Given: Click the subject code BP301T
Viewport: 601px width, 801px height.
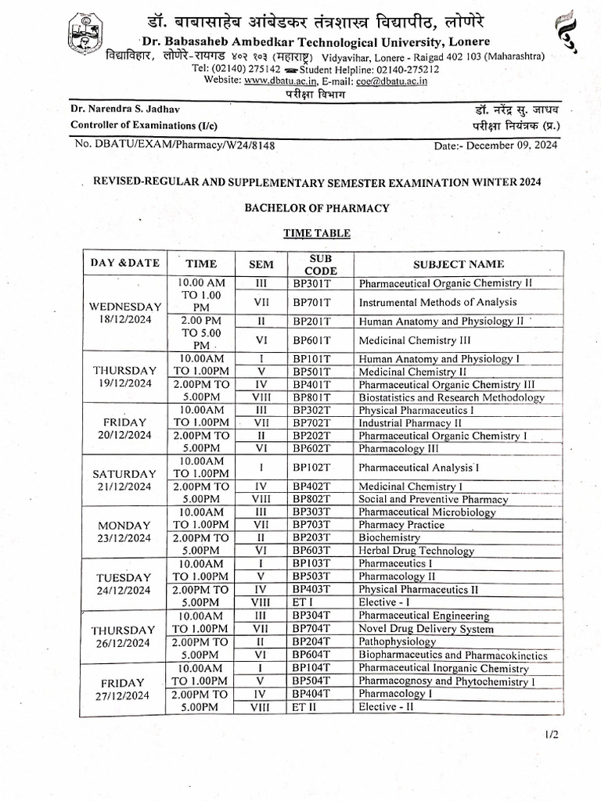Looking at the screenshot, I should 312,283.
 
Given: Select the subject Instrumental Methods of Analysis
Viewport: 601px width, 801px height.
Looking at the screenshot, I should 437,302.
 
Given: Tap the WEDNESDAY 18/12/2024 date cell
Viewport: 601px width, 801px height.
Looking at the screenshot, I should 126,313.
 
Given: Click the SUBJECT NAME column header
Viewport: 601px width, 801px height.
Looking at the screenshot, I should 459,264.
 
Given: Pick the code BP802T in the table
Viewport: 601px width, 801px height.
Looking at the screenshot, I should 312,499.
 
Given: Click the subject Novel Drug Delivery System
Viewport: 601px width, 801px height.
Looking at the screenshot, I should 426,628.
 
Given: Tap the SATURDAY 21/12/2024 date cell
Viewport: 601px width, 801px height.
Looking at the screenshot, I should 124,480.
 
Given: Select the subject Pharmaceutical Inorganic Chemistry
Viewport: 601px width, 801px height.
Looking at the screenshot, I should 444,668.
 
